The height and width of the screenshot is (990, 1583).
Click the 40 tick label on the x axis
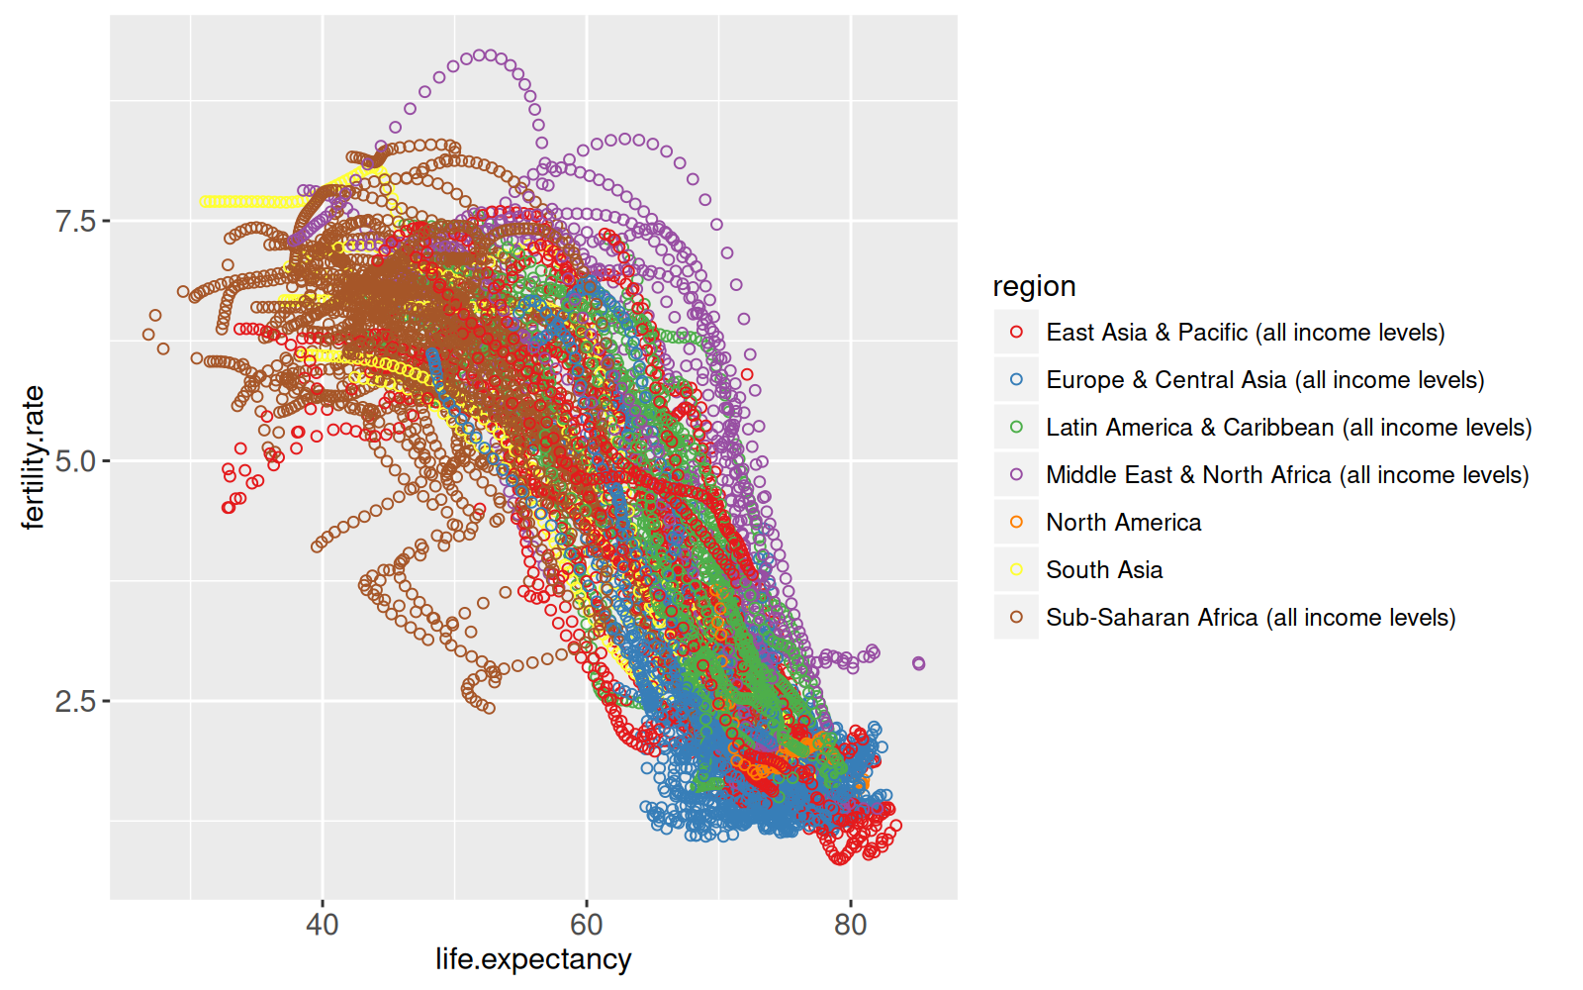pos(323,925)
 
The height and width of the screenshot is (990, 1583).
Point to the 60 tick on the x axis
pos(587,925)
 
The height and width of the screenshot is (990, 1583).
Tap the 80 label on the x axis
pos(850,925)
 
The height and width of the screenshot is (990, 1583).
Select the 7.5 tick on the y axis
pos(76,221)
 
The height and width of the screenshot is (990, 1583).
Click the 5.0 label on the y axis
pos(76,461)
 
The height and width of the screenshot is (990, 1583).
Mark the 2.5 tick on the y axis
pos(76,702)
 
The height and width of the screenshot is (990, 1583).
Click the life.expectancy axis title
pos(533,959)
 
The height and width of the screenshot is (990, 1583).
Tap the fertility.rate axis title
pos(34,457)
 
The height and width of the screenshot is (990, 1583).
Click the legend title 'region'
pos(1034,286)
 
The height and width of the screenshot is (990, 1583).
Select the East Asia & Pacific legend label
pos(1245,333)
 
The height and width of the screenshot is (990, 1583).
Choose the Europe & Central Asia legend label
pos(1264,380)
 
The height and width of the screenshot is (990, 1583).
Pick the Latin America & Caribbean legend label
pos(1288,428)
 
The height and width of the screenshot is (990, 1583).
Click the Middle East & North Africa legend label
pos(1287,475)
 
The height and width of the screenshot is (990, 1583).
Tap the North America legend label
pos(1123,523)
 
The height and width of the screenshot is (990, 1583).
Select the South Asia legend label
pos(1104,570)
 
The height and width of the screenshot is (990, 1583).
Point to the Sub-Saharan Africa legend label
pos(1251,618)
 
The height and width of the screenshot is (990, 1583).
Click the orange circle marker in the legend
pos(1016,523)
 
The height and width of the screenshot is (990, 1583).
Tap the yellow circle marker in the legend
pos(1016,570)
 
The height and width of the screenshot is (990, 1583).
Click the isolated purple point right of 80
pos(918,663)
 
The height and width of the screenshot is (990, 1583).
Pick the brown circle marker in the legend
pos(1016,618)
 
